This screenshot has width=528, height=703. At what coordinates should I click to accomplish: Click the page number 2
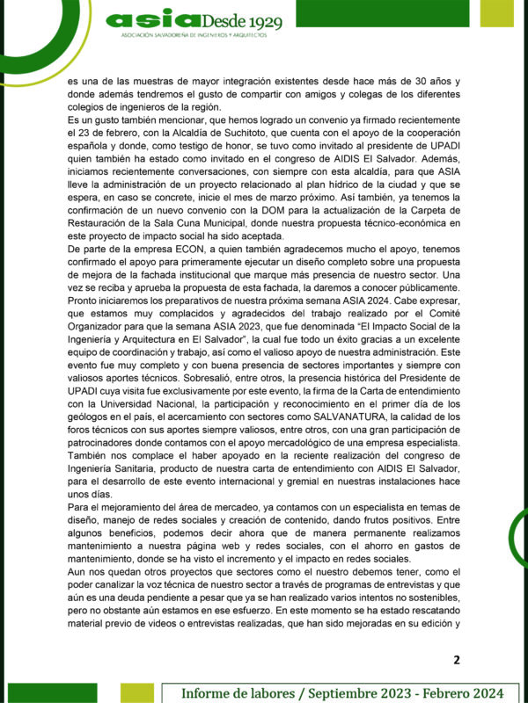tap(456, 660)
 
